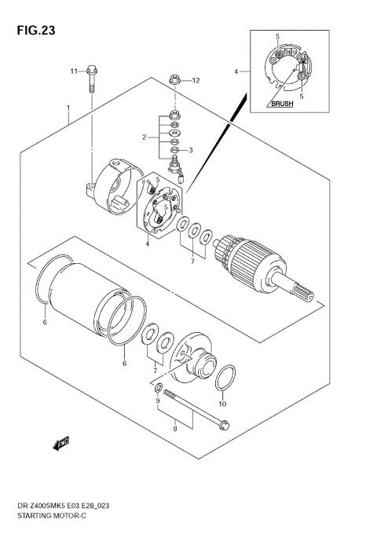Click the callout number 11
click(x=73, y=71)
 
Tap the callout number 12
click(x=196, y=80)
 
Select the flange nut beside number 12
click(x=175, y=79)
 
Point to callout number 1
click(x=70, y=107)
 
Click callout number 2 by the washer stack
click(x=145, y=137)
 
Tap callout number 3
click(x=190, y=150)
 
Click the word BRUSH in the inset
click(x=283, y=104)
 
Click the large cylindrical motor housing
click(x=86, y=298)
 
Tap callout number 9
click(x=157, y=402)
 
